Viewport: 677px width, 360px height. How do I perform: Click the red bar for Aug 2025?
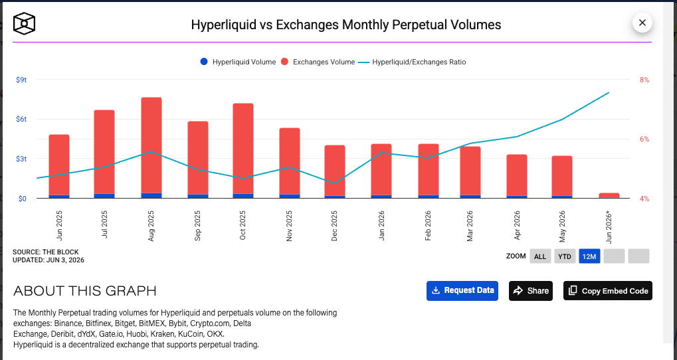151,145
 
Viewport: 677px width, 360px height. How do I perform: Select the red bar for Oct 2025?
243,149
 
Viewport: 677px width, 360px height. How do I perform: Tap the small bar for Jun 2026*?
609,195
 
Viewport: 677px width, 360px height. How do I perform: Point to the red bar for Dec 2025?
335,171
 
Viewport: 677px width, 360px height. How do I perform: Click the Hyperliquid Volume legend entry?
238,62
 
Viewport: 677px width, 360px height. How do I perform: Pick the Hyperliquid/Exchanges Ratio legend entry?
413,62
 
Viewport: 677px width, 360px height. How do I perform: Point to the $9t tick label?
21,80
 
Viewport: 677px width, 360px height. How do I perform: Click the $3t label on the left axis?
21,159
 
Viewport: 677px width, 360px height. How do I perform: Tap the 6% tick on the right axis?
644,139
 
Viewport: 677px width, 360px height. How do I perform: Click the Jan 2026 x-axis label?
381,225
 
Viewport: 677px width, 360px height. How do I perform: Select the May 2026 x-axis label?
562,226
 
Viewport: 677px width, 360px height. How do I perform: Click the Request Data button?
462,290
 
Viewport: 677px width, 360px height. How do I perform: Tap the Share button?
531,290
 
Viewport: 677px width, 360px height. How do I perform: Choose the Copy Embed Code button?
607,290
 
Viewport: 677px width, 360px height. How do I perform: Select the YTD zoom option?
564,256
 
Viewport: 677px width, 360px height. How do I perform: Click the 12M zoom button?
589,256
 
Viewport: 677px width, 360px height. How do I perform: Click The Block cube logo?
24,23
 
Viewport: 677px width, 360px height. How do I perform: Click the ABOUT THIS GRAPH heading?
85,291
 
